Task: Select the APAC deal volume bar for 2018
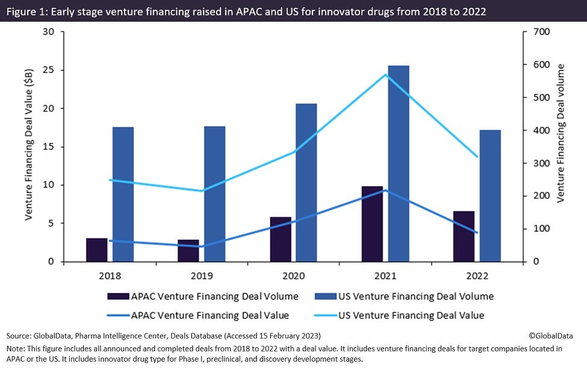pos(96,250)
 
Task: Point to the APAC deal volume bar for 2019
pos(188,250)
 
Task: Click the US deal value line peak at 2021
pos(385,75)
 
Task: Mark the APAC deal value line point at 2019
pos(201,246)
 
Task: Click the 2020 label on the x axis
pos(293,276)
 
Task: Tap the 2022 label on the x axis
pos(477,276)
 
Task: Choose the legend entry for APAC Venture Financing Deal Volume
pos(202,296)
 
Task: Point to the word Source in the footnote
pos(19,335)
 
